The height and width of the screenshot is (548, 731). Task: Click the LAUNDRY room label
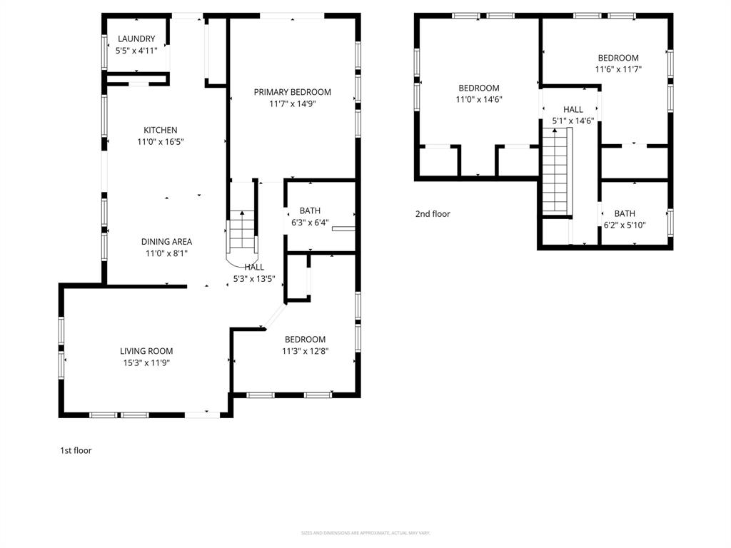coord(136,39)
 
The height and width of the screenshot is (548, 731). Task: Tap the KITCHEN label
coord(160,130)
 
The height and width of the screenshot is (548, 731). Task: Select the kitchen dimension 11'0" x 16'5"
coord(160,142)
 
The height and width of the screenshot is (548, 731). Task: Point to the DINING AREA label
coord(166,241)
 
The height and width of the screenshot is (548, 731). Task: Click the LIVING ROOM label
coord(146,351)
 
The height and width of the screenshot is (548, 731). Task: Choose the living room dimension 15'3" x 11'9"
coord(146,362)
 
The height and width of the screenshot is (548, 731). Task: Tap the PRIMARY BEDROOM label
coord(292,92)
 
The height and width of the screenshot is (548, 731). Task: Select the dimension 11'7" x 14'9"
coord(292,103)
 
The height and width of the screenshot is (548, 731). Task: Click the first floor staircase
coord(241,232)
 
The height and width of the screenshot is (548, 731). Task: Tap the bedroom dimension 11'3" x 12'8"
coord(305,351)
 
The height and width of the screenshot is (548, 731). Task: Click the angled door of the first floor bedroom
coord(273,315)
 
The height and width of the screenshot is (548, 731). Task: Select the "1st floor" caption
coord(76,450)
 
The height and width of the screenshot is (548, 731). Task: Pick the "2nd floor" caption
coord(433,213)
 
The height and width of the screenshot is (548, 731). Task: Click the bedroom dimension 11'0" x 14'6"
coord(478,100)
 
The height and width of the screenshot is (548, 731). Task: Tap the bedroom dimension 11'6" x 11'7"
coord(617,69)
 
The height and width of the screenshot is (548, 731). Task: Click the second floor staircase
coord(557,174)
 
